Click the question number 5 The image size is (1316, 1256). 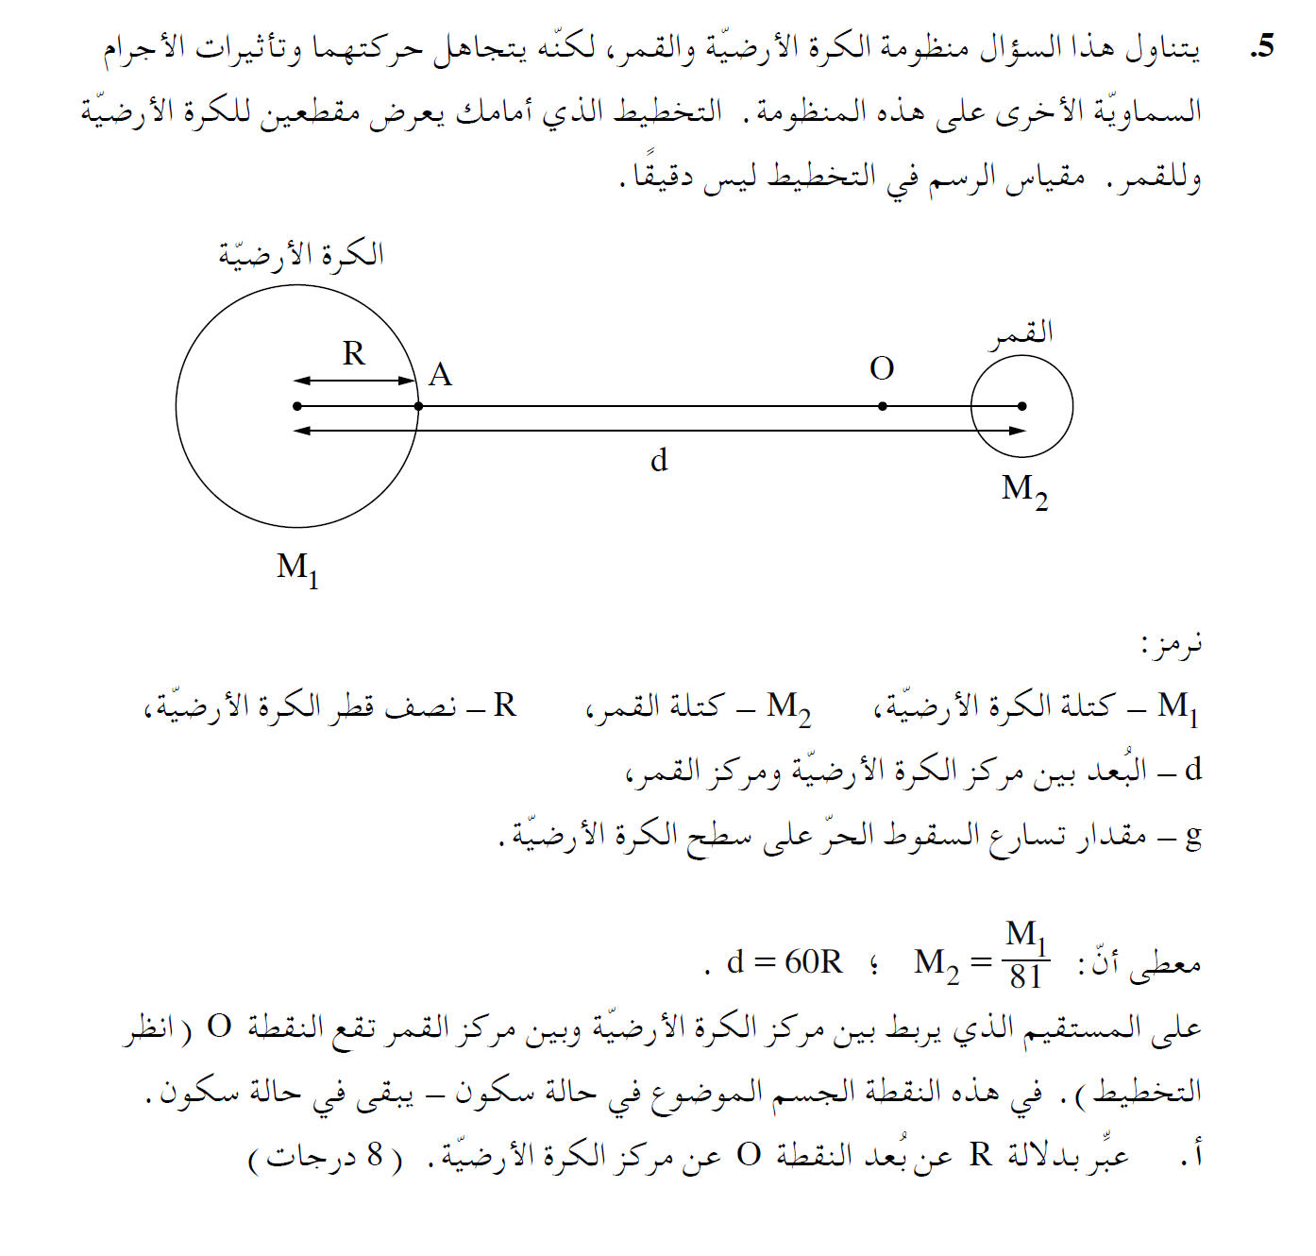pyautogui.click(x=1261, y=46)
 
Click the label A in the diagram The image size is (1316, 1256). pyautogui.click(x=440, y=375)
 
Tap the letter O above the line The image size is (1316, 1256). pyautogui.click(x=882, y=368)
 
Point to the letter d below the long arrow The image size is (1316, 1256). pyautogui.click(x=659, y=460)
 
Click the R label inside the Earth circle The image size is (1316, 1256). pyautogui.click(x=353, y=353)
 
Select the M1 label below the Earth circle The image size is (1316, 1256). pyautogui.click(x=297, y=569)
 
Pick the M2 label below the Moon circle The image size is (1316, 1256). pyautogui.click(x=1024, y=490)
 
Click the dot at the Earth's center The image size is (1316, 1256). pyautogui.click(x=297, y=406)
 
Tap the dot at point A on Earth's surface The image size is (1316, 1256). pyautogui.click(x=419, y=406)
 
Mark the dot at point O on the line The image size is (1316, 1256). pyautogui.click(x=883, y=406)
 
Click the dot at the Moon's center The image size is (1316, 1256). pyautogui.click(x=1022, y=406)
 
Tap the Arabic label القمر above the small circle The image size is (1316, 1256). pyautogui.click(x=1021, y=333)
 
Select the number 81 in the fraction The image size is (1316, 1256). pyautogui.click(x=1025, y=976)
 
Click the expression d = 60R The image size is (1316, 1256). pyautogui.click(x=785, y=961)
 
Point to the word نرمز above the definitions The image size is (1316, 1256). pyautogui.click(x=1173, y=645)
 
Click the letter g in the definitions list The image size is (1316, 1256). pyautogui.click(x=1193, y=835)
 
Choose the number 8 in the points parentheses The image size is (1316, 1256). pyautogui.click(x=375, y=1154)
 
